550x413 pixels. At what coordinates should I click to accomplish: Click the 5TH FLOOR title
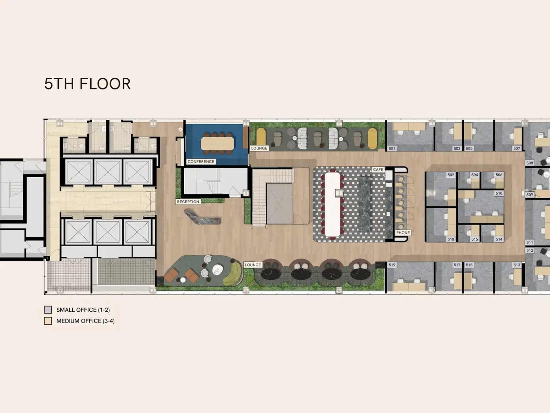tap(87, 84)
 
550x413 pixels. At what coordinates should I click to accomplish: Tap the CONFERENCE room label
tap(201, 162)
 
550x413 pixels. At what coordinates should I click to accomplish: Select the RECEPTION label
tap(188, 202)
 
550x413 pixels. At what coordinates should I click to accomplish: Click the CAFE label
tap(378, 169)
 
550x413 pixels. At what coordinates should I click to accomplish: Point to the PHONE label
tap(403, 233)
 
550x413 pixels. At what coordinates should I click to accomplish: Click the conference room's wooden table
tap(217, 143)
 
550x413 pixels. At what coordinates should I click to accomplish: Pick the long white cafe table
tap(333, 204)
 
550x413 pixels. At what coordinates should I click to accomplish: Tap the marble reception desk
tap(202, 218)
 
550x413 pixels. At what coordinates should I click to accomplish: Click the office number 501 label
tap(392, 148)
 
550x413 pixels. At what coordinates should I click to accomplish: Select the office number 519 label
tap(392, 265)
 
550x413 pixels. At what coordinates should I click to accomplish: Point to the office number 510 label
tap(499, 193)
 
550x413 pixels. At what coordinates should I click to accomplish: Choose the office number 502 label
tap(451, 175)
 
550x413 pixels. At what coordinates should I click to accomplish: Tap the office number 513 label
tap(517, 265)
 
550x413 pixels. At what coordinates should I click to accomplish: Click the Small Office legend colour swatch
tap(48, 310)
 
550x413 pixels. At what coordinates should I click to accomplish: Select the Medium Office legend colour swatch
tap(48, 321)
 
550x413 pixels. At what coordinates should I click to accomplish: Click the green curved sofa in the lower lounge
tap(232, 274)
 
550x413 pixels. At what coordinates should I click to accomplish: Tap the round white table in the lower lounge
tap(217, 269)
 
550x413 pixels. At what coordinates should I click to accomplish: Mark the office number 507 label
tap(517, 148)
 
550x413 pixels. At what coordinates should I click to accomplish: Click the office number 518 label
tap(451, 239)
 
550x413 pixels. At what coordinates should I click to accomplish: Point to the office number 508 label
tap(530, 163)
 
